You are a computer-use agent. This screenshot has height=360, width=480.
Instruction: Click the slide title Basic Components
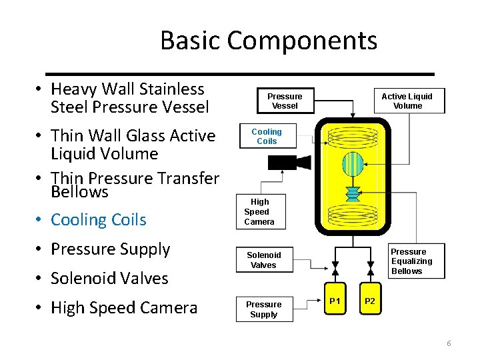point(269,41)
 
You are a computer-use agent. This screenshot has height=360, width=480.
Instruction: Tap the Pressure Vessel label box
point(285,101)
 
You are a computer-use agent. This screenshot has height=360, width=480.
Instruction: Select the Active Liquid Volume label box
point(407,101)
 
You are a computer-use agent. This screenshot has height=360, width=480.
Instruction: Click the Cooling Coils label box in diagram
point(267,137)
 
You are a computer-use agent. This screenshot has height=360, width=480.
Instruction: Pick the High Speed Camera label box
point(259,211)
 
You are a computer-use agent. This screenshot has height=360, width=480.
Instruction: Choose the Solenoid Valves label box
point(264,260)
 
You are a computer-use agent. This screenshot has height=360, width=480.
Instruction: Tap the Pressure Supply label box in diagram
point(264,309)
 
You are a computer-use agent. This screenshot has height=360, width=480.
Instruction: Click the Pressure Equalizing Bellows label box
point(411,261)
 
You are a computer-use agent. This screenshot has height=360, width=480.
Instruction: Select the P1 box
point(335,301)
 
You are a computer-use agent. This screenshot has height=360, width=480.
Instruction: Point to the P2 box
point(370,301)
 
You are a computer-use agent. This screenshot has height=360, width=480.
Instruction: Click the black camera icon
point(287,162)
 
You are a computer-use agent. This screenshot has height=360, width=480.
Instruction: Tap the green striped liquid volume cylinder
point(352,164)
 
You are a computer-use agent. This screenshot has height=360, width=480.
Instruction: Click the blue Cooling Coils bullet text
point(99,219)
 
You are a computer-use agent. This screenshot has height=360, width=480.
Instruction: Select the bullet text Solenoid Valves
point(109,278)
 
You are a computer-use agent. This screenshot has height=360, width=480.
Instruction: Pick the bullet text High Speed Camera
point(124,307)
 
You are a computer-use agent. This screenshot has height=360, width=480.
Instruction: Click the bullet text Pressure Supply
point(111,249)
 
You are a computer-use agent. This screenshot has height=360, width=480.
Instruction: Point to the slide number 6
point(449,343)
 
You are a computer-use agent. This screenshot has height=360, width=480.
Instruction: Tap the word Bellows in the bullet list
point(79,192)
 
